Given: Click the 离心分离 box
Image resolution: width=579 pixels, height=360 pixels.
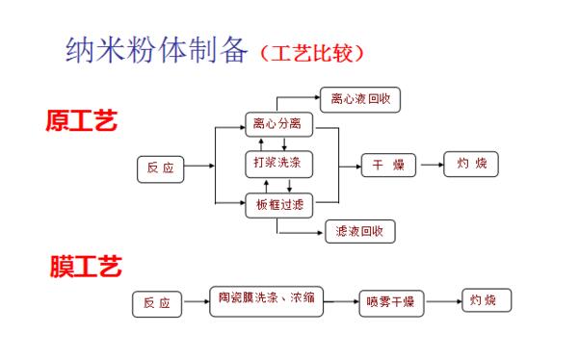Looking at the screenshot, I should click(276, 124).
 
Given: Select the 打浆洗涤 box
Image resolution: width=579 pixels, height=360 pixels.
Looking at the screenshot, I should click(276, 164).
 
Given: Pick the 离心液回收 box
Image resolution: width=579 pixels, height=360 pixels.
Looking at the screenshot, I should click(359, 98).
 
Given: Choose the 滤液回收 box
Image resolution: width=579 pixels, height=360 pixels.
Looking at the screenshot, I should click(359, 231).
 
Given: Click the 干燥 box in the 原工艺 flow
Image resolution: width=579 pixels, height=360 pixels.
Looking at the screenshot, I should click(388, 165).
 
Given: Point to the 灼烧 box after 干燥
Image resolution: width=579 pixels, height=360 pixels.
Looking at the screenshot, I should click(471, 164).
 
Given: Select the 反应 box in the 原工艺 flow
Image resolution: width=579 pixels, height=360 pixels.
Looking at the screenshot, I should click(160, 167).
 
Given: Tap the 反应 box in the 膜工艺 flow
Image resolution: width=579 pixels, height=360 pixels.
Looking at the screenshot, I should click(156, 303).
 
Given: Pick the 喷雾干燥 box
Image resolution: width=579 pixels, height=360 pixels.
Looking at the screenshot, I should click(390, 302).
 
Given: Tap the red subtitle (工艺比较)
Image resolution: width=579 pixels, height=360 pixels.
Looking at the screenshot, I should click(312, 51).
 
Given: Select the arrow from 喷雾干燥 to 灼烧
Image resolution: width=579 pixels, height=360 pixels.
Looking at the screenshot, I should click(442, 301).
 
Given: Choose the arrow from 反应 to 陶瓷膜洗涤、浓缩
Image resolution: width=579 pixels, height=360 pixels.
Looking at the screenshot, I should click(195, 301).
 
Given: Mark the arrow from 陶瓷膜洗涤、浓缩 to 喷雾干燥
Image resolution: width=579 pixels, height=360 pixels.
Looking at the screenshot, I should click(339, 301).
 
